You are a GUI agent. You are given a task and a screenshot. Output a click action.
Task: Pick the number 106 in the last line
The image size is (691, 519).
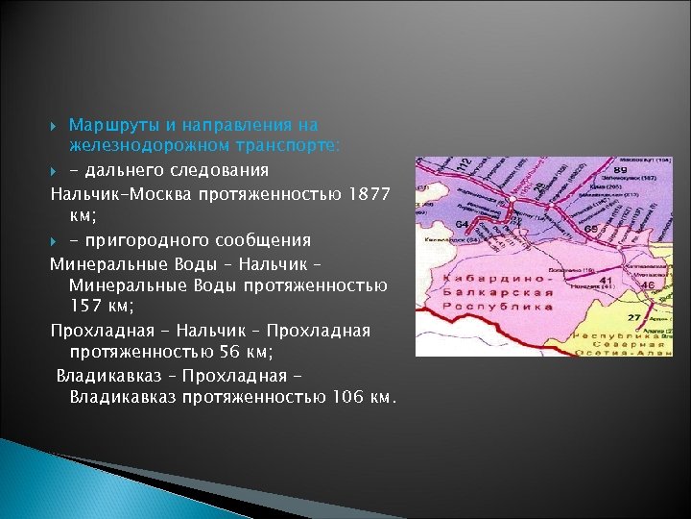[x=345, y=397]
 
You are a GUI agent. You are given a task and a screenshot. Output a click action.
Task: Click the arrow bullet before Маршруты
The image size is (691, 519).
[x=56, y=125]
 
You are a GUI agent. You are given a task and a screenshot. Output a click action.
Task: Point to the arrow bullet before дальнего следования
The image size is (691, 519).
[x=56, y=170]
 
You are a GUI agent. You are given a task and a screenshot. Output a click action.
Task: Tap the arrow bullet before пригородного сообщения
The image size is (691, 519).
[x=56, y=239]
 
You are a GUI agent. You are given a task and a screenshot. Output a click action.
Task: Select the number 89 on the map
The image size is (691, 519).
[x=620, y=169]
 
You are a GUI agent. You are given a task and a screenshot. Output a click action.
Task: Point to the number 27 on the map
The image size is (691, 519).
[x=634, y=316]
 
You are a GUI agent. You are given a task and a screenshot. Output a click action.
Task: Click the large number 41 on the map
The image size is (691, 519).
[x=606, y=281]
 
